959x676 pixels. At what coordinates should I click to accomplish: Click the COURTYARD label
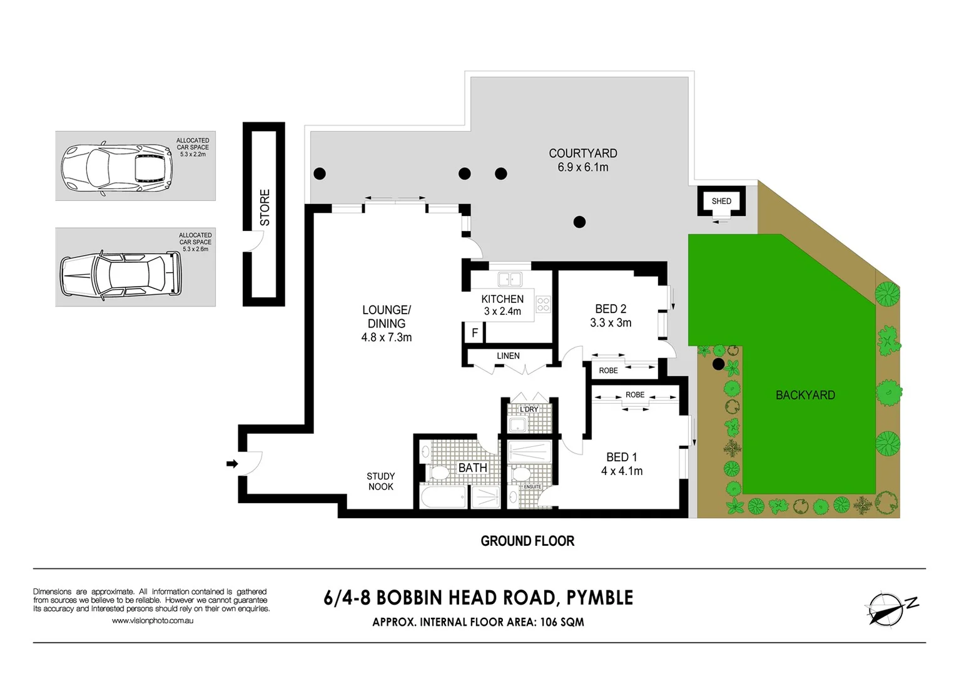click(582, 153)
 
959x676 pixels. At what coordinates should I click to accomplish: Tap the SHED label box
click(721, 201)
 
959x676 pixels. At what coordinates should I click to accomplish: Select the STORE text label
click(265, 207)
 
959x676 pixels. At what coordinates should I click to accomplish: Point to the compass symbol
click(885, 608)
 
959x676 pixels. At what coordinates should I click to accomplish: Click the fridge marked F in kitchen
click(474, 333)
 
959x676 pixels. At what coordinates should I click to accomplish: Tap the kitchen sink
click(510, 279)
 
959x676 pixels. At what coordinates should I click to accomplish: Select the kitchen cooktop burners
click(543, 304)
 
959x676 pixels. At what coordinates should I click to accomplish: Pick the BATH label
click(472, 468)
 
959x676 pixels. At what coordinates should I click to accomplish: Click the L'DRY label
click(529, 409)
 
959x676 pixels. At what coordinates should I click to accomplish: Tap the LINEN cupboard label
click(508, 356)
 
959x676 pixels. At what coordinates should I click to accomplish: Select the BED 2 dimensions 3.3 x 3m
click(611, 323)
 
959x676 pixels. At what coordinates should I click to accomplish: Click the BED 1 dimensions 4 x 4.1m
click(622, 471)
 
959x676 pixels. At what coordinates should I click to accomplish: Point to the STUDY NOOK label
click(380, 481)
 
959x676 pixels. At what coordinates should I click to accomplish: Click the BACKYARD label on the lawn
click(805, 395)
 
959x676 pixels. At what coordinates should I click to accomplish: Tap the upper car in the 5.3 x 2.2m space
click(116, 168)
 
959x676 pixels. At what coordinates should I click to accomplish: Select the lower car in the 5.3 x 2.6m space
click(120, 274)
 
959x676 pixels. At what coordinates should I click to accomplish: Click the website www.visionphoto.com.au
click(153, 621)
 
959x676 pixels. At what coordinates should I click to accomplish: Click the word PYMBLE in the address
click(599, 598)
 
